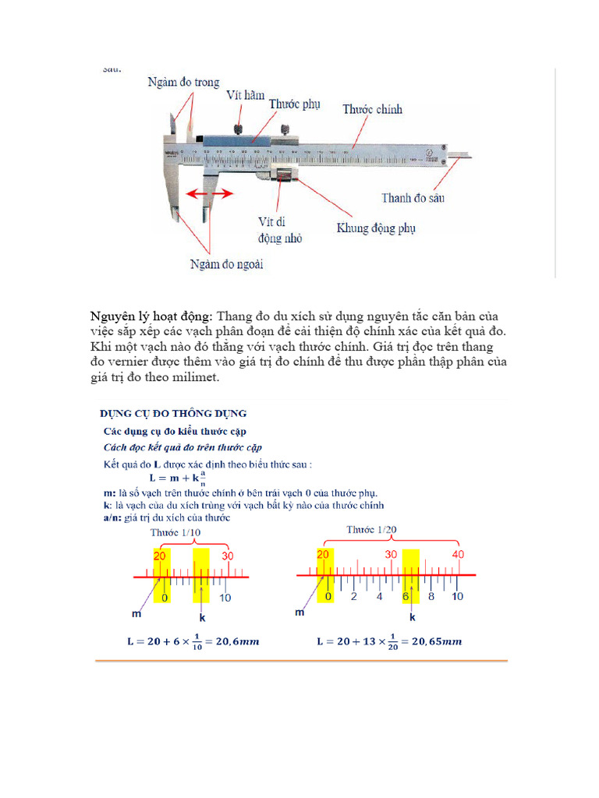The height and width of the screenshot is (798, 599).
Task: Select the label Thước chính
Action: [372, 110]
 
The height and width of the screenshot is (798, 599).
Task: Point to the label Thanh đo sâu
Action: [413, 199]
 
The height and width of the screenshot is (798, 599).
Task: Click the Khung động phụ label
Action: [376, 228]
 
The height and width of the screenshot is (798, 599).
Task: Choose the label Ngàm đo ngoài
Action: [227, 265]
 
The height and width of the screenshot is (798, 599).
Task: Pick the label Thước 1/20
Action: [371, 530]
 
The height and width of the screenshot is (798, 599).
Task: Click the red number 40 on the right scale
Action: [458, 555]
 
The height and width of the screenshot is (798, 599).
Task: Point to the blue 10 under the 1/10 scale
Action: [225, 598]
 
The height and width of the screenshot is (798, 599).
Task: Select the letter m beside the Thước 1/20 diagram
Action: [299, 613]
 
